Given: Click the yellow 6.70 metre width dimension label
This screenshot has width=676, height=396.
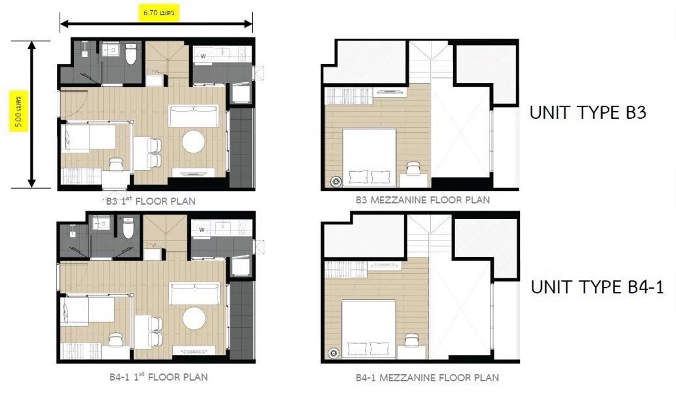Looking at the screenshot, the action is [159, 13].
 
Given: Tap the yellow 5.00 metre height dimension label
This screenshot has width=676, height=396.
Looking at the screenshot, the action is [19, 111].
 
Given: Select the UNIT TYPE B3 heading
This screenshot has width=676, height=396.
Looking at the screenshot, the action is [588, 113].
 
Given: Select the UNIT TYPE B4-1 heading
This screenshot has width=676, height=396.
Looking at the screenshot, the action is [597, 287].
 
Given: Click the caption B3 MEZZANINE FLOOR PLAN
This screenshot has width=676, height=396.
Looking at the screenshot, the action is [422, 200].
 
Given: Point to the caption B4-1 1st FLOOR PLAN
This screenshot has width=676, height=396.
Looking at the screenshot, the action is [158, 377].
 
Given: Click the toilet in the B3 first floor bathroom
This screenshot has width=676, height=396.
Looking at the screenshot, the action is [131, 54].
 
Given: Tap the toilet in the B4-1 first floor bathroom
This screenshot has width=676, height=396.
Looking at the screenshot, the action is [128, 228].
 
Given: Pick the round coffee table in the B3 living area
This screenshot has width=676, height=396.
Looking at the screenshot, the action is [193, 141].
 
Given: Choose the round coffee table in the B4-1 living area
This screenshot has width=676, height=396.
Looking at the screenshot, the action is [194, 319].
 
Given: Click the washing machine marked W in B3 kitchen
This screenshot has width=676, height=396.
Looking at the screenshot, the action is [203, 56].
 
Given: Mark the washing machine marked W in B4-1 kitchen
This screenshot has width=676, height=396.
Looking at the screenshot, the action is [202, 230].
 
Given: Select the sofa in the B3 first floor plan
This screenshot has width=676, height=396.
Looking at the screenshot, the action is [193, 117].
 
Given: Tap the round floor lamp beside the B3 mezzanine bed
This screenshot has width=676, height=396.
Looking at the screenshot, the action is [335, 181].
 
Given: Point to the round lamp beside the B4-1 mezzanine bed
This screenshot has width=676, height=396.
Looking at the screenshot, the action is [333, 353].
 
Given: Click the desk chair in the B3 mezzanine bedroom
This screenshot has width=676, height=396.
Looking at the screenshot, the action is [413, 169].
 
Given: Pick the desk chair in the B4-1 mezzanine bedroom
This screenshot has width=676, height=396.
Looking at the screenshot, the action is [411, 340].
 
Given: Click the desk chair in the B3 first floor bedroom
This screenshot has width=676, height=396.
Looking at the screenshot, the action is [116, 165].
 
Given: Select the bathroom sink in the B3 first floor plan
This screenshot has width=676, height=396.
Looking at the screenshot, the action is [110, 50].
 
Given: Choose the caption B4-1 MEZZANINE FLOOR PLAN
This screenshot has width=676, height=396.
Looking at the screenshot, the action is [427, 377].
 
